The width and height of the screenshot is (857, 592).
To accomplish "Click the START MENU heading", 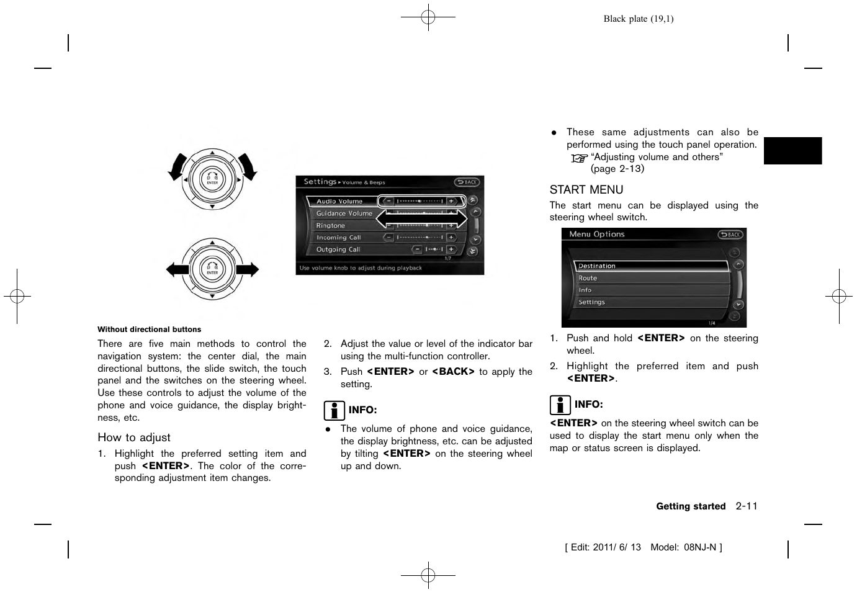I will pos(586,190).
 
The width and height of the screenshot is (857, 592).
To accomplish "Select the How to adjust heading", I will pos(134,437).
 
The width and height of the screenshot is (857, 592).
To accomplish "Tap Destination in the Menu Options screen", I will pos(597,266).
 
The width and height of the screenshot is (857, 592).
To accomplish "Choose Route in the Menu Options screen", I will pos(588,279).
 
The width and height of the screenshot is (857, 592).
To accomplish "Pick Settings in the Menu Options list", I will pos(591,302).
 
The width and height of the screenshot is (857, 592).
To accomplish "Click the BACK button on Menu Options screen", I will pos(730,235).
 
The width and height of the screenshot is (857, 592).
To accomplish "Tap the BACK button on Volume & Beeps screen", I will pos(467,182).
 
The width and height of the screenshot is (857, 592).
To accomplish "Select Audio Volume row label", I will pos(339,202).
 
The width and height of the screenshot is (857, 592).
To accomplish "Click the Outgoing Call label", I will pos(338,249).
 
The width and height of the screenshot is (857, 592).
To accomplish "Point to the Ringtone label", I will pos(331,226).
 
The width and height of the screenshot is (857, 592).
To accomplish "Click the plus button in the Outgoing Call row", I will pos(451,249).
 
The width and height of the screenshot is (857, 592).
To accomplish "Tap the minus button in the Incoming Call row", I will pos(388,237).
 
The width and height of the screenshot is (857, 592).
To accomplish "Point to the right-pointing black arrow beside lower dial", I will pos(248,269).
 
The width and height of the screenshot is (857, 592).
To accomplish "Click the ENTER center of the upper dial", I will pos(212,180).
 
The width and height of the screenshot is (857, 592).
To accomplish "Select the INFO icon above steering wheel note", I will pos(560,405).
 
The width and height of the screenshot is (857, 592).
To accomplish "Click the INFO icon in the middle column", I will pos(334,410).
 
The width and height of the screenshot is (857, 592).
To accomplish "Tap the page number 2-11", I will pos(747,506).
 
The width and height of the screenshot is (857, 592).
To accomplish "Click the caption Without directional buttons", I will pos(150,330).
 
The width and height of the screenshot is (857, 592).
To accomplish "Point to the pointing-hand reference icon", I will pos(578,158).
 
